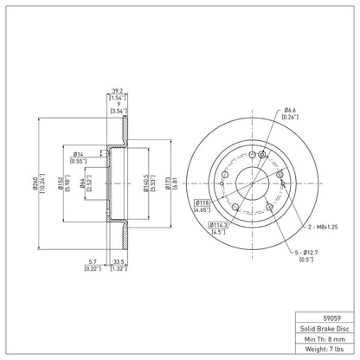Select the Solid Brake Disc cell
325,329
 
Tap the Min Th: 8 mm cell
325,339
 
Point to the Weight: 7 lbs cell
325,349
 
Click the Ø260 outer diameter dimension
35,183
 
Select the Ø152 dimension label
61,183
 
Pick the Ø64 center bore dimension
82,183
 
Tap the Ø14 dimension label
78,154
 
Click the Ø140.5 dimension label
146,183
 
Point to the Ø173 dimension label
168,183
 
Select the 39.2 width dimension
118,91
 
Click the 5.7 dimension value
93,262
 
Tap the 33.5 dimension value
119,262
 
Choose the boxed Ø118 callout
202,202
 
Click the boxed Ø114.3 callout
218,225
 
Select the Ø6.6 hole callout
290,110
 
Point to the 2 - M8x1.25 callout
323,227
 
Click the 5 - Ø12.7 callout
306,253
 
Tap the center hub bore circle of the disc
253,168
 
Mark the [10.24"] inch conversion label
42,183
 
